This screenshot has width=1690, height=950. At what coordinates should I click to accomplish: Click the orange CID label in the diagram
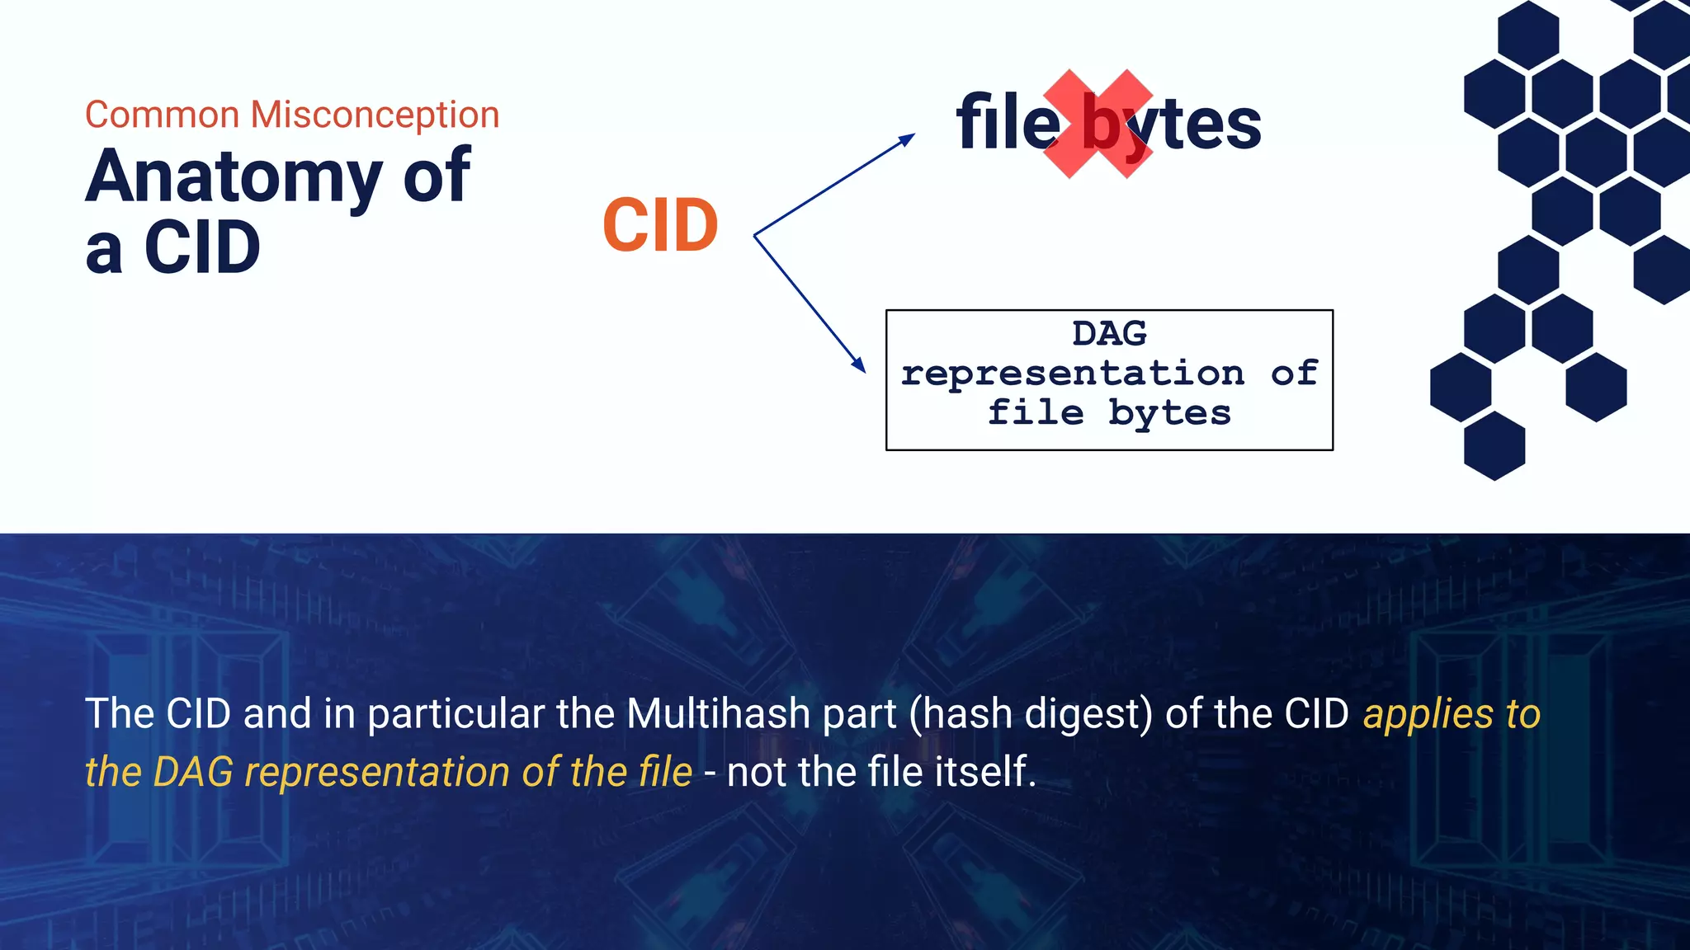(x=660, y=226)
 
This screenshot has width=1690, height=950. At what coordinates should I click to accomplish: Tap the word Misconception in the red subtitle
(x=375, y=115)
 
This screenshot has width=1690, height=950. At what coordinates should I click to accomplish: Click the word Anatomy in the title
(x=234, y=177)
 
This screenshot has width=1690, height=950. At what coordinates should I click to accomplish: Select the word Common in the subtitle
(x=162, y=115)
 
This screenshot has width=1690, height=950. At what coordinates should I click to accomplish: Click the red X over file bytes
(x=1098, y=124)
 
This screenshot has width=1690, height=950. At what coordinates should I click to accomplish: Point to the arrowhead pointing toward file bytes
(x=907, y=139)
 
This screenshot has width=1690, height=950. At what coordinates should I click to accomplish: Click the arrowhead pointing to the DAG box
(x=859, y=364)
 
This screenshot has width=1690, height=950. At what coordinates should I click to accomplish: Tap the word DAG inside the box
(x=1109, y=334)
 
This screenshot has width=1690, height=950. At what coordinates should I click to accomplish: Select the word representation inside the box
(x=1072, y=374)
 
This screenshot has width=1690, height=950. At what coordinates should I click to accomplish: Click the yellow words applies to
(x=1452, y=714)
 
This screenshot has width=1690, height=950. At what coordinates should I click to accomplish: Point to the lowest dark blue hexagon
(x=1494, y=446)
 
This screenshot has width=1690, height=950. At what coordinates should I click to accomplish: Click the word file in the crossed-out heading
(x=1007, y=124)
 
